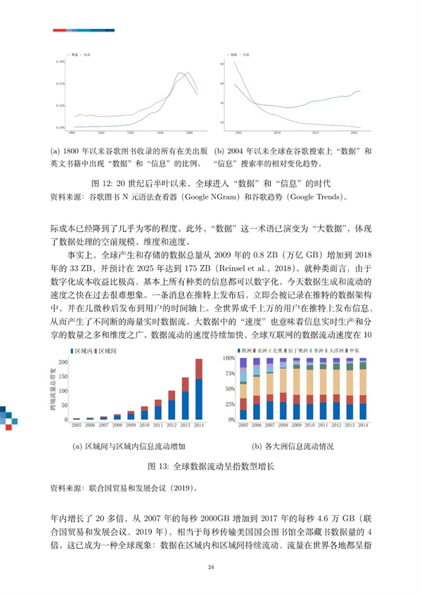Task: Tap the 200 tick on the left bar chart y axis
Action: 62,363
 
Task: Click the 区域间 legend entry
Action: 106,349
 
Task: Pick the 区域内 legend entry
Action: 82,349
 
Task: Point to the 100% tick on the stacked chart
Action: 229,358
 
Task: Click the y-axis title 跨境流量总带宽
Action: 51,389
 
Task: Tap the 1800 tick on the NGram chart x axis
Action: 71,131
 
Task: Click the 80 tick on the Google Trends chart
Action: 222,63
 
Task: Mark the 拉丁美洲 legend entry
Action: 297,349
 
